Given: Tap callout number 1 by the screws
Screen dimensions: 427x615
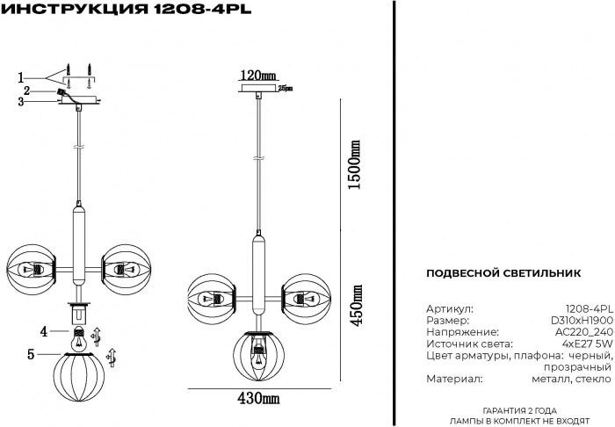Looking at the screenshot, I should tap(20, 76).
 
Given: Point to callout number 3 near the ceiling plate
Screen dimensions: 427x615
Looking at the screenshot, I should tap(20, 102).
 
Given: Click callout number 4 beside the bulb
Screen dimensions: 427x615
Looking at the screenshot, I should tap(42, 331).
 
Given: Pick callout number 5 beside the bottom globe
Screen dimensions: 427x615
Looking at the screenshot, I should tap(31, 355).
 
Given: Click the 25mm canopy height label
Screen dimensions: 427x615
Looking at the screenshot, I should tap(285, 88).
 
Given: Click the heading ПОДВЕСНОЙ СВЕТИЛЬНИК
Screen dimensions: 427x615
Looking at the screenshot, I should tap(503, 273).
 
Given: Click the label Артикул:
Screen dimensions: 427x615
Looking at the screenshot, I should tap(449, 310).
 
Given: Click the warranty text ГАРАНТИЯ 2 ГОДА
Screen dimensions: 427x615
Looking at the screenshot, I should tap(520, 411).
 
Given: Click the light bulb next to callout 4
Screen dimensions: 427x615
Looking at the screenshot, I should tap(80, 334).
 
